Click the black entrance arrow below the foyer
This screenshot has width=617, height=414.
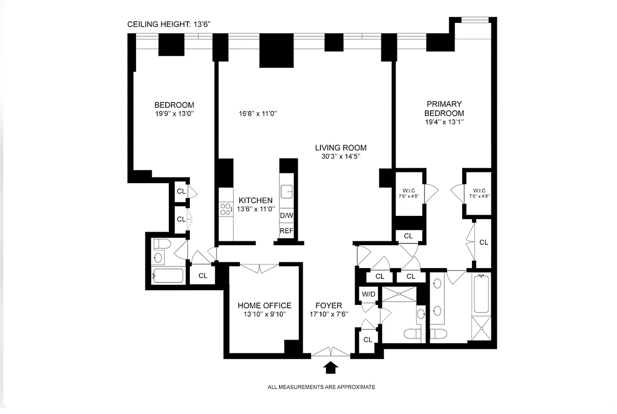(331, 367)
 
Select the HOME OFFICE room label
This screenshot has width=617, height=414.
(264, 305)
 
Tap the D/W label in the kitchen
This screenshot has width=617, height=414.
(286, 215)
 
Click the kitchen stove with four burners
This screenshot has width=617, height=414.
(226, 209)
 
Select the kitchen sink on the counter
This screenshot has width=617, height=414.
(286, 192)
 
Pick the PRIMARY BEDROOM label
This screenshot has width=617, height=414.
(444, 109)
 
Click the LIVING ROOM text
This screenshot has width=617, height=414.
(341, 147)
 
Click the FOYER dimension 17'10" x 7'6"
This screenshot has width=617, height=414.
(329, 314)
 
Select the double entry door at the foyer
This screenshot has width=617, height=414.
(331, 352)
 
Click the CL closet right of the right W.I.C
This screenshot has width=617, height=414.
(483, 242)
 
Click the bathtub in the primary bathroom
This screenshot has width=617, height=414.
(481, 294)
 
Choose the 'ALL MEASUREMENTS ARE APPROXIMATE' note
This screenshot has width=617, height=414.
(321, 387)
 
